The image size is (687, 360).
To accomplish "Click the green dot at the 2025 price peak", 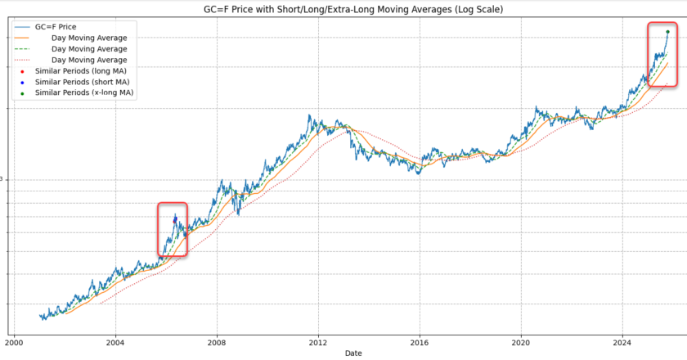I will pyautogui.click(x=668, y=31).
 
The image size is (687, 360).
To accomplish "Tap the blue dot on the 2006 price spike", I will pyautogui.click(x=175, y=219).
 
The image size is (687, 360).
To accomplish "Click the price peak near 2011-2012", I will pyautogui.click(x=309, y=116).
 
